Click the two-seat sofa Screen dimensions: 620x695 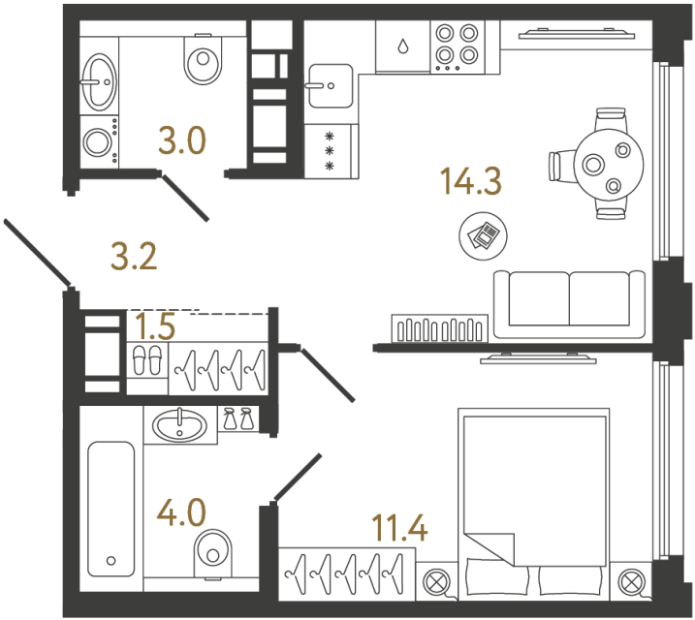coord(568,302)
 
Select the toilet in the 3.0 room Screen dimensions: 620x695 coord(202,61)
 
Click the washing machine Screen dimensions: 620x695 coord(99,143)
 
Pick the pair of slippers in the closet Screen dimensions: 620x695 coord(147,360)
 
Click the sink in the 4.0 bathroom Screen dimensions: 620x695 coord(181,423)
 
